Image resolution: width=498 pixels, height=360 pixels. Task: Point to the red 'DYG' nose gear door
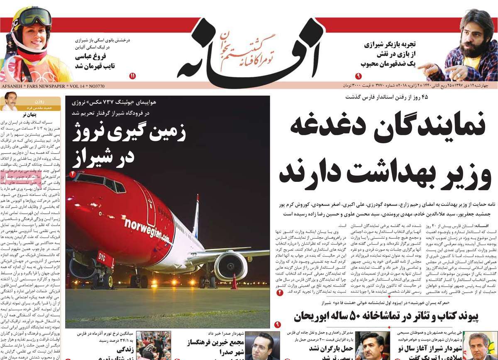[x=105, y=260]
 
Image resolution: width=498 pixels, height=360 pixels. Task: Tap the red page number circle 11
[x=132, y=76]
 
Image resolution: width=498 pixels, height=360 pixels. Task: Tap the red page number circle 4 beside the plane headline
[x=72, y=174]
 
